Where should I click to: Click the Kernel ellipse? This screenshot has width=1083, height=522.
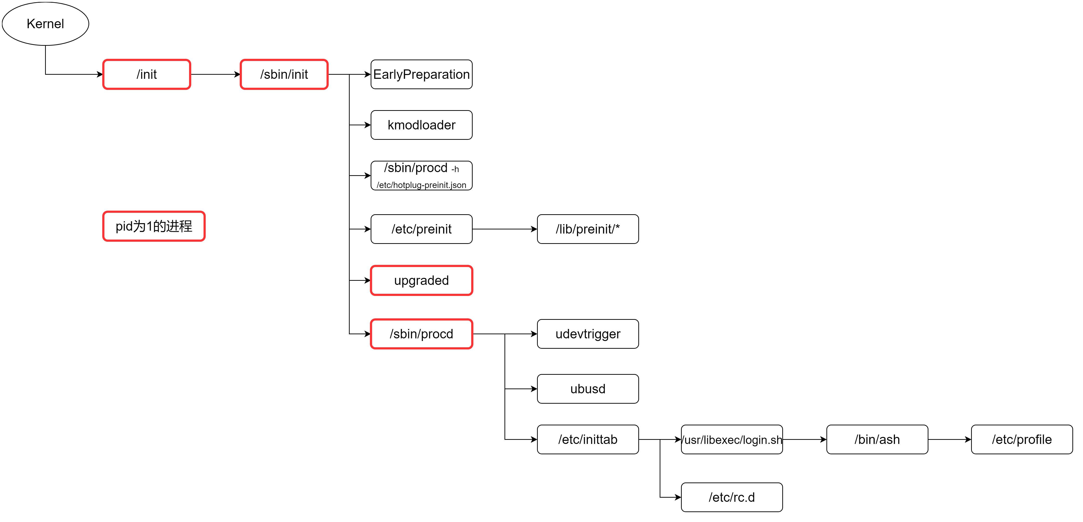point(45,24)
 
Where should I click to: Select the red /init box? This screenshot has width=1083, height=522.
point(147,74)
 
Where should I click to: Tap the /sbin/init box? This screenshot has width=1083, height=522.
point(284,74)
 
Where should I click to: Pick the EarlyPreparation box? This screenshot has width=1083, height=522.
point(421,74)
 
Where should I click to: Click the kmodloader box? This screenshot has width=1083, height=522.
point(421,125)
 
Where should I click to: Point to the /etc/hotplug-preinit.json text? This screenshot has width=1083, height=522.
point(421,185)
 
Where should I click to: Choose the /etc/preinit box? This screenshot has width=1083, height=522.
point(421,229)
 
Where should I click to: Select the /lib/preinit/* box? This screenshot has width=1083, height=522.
point(588,229)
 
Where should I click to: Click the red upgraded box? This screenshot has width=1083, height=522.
point(421,280)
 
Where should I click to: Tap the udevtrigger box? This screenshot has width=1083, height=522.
point(588,334)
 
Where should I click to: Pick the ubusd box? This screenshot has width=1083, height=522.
point(588,389)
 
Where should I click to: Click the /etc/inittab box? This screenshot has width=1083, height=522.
point(588,439)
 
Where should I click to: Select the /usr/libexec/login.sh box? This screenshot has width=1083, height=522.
point(732,439)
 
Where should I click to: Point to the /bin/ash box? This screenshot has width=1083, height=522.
point(877,439)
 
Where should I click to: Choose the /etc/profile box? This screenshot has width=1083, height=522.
point(1022,439)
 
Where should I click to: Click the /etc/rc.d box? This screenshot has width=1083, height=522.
point(732,497)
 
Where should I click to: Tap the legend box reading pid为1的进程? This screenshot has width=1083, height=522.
point(154,226)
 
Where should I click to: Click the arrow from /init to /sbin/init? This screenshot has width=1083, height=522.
point(215,74)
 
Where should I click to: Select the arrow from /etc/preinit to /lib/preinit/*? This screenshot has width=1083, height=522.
point(504,229)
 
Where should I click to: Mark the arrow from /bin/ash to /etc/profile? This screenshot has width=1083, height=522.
point(949,439)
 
